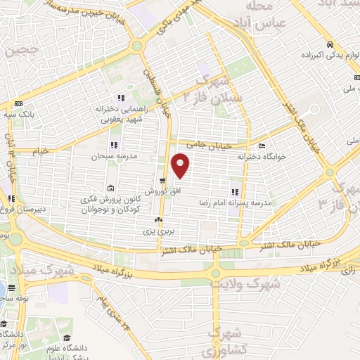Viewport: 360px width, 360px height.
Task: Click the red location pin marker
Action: pyautogui.click(x=181, y=165)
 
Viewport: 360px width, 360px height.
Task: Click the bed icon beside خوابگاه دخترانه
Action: pyautogui.click(x=262, y=146)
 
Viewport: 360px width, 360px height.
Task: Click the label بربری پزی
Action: pyautogui.click(x=158, y=231)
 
